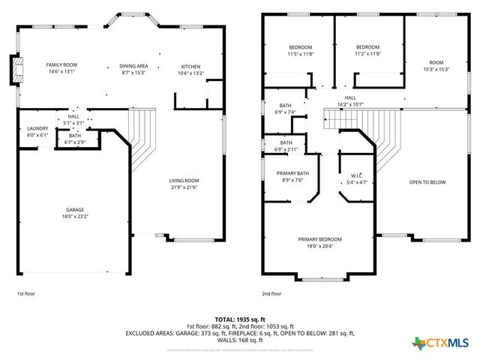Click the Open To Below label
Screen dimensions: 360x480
coord(427,182)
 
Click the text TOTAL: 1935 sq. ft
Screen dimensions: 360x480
coord(239,319)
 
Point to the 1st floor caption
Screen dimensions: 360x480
coord(25,294)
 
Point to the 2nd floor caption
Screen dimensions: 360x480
coord(271,294)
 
